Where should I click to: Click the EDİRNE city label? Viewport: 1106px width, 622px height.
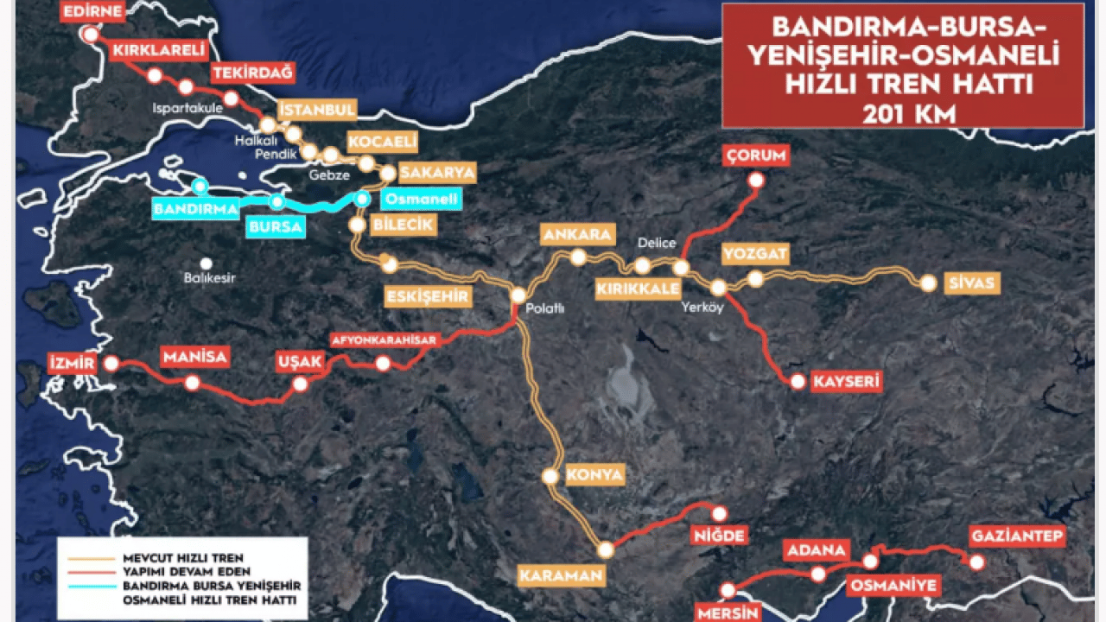93,10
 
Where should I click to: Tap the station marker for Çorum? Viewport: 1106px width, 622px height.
756,181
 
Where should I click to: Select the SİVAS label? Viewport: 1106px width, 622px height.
972,283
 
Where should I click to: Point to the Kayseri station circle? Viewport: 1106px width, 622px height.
798,381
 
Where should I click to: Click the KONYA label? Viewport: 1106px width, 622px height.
594,474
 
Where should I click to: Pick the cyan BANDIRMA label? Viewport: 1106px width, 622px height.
195,209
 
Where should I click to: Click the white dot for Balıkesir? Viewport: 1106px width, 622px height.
206,263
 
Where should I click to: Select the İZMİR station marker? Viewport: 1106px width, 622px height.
111,364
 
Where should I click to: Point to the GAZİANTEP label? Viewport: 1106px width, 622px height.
1017,536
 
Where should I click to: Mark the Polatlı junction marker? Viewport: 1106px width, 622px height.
518,295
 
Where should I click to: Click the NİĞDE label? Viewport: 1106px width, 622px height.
718,536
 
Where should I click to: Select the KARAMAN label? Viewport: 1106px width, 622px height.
561,575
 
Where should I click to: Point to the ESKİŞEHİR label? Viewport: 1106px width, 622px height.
429,296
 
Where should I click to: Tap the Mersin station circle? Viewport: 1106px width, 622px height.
728,591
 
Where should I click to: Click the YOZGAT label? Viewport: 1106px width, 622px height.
756,254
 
